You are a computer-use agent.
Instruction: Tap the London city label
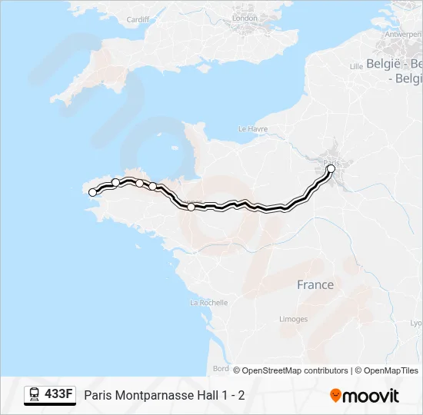coord(245,18)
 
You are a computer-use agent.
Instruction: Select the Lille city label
coord(356,67)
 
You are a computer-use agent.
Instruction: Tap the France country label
coord(315,284)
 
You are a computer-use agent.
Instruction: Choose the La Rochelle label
coord(208,303)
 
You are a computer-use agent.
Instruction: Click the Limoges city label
coord(294,319)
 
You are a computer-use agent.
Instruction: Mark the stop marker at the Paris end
coord(331,168)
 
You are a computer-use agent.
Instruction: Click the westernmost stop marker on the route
coord(94,193)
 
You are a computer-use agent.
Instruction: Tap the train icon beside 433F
coord(35,395)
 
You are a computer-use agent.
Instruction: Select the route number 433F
coord(58,395)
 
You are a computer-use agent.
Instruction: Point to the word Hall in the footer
coord(208,396)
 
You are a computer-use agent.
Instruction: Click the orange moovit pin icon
coord(335,395)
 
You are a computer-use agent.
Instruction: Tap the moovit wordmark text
coord(371,396)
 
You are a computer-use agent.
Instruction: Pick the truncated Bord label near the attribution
coord(221,368)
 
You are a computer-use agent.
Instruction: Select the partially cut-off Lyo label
coord(415,324)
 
